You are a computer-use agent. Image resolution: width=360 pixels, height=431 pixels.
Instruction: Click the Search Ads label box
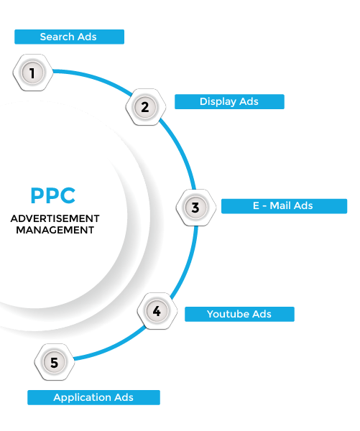pyautogui.click(x=69, y=37)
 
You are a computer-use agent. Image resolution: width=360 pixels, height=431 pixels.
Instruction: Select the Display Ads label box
pyautogui.click(x=229, y=101)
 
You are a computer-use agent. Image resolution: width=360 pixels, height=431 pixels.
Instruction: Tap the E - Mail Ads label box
pyautogui.click(x=284, y=206)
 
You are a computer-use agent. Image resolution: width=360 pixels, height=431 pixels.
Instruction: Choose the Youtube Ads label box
pyautogui.click(x=239, y=314)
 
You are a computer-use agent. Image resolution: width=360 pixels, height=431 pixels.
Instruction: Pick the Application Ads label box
pyautogui.click(x=94, y=397)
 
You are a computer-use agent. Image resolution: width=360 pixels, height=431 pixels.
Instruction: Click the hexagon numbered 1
pyautogui.click(x=33, y=73)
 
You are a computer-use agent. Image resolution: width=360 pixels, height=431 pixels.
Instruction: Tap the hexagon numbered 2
pyautogui.click(x=145, y=107)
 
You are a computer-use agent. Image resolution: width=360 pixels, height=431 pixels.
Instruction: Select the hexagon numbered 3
pyautogui.click(x=196, y=208)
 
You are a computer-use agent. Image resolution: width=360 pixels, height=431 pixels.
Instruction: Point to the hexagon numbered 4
pyautogui.click(x=157, y=311)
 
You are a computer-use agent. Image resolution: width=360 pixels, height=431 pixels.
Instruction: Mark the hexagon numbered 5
pyautogui.click(x=55, y=362)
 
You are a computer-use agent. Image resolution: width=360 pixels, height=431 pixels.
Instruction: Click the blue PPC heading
pyautogui.click(x=52, y=195)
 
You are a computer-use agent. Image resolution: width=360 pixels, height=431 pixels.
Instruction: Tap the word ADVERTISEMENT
pyautogui.click(x=55, y=218)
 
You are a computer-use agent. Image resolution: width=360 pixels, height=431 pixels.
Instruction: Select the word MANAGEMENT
pyautogui.click(x=55, y=230)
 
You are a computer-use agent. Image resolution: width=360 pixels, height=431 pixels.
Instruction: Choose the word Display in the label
pyautogui.click(x=218, y=102)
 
